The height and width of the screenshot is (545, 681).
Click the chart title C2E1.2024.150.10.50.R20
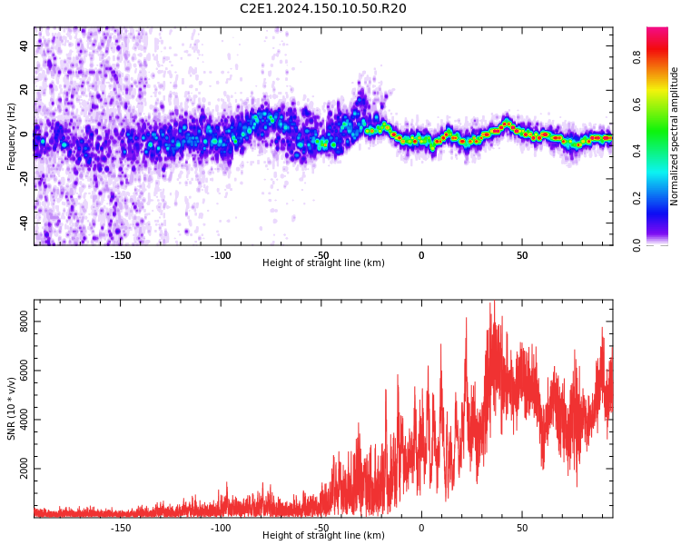click(322, 9)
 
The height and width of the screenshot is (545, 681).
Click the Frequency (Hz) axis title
click(12, 135)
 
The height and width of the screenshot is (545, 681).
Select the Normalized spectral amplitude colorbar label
click(675, 135)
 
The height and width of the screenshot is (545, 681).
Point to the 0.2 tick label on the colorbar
click(662, 197)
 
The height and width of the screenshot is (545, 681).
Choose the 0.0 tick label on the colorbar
click(662, 243)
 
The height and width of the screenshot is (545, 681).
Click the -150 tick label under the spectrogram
click(121, 255)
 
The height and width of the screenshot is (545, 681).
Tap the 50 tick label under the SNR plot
click(522, 528)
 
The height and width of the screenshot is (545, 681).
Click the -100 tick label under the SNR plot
click(221, 528)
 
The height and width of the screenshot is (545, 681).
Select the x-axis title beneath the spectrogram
click(323, 263)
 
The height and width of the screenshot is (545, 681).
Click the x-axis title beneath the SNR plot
click(323, 536)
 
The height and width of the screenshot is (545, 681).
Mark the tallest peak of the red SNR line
click(493, 301)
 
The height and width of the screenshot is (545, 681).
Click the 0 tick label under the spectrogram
click(421, 255)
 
